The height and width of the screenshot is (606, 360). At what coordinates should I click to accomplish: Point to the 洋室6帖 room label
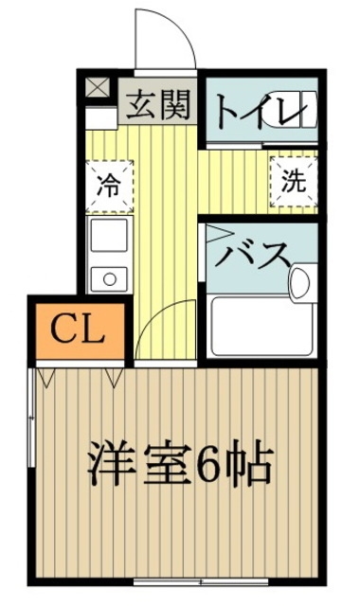[181, 464]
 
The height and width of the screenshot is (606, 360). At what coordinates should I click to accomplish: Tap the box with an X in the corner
[98, 90]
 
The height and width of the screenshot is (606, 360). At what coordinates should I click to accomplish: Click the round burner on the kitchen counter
[106, 277]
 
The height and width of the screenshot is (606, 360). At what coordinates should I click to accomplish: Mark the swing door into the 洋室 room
[157, 337]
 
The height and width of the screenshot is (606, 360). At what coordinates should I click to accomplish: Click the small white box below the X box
[98, 118]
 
